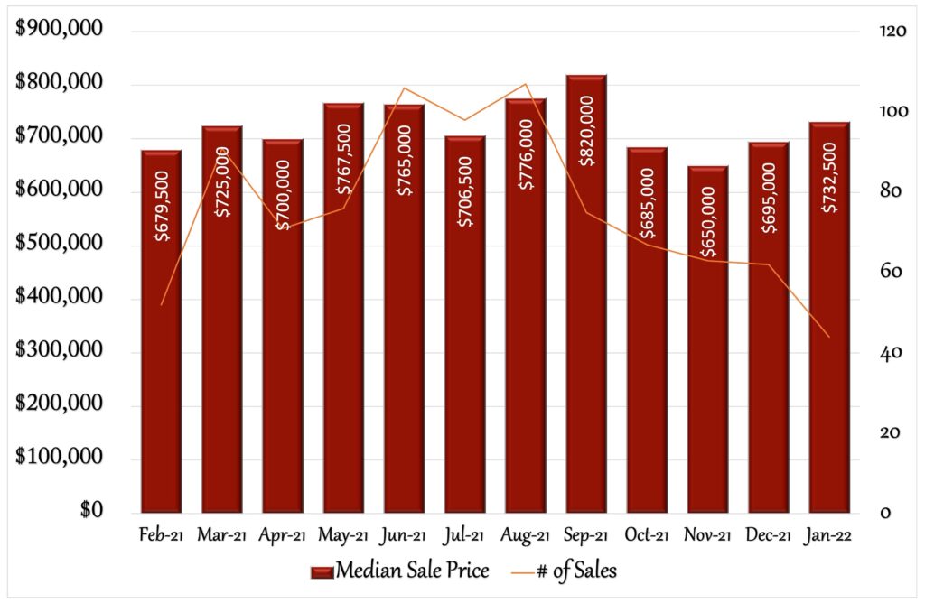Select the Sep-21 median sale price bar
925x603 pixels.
coord(586,293)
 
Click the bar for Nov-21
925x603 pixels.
coord(708,339)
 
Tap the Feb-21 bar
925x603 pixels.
coord(162,331)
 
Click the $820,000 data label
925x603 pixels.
coord(586,131)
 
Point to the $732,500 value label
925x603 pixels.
coord(829,177)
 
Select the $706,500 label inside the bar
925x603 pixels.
coord(465,191)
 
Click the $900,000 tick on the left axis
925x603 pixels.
coord(59,28)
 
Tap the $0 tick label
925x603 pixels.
coord(91,510)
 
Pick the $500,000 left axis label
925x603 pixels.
coord(59,242)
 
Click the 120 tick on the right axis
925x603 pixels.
coord(892,31)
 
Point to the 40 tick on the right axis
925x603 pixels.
coord(890,352)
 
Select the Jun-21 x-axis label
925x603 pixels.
coord(404,535)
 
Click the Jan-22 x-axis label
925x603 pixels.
coord(827,535)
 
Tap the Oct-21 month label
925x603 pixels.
coord(647,535)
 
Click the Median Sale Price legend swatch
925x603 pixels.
coord(322,571)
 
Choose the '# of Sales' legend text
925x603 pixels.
coord(576,571)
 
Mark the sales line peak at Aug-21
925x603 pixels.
coord(525,84)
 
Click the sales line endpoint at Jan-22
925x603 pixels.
coord(829,338)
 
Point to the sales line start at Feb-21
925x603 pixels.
coord(161,305)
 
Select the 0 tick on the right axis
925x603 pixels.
coord(885,514)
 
